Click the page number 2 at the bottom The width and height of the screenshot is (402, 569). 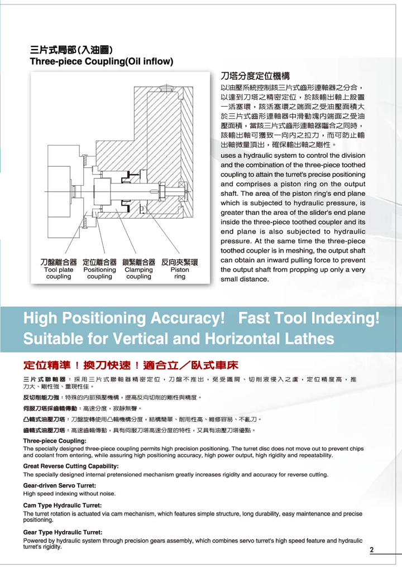[371, 550]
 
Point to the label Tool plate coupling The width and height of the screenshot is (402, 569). [59, 273]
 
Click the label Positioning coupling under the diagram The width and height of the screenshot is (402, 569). [99, 273]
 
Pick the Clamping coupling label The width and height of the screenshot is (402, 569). [138, 273]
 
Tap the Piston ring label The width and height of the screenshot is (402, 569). [180, 273]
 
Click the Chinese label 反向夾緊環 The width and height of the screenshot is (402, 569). [180, 262]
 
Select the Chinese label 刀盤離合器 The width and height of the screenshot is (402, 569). [59, 262]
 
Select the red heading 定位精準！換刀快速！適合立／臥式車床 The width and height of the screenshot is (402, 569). [131, 367]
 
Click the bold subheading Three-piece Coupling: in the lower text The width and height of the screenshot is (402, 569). [55, 441]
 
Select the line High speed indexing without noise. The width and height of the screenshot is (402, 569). [69, 493]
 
